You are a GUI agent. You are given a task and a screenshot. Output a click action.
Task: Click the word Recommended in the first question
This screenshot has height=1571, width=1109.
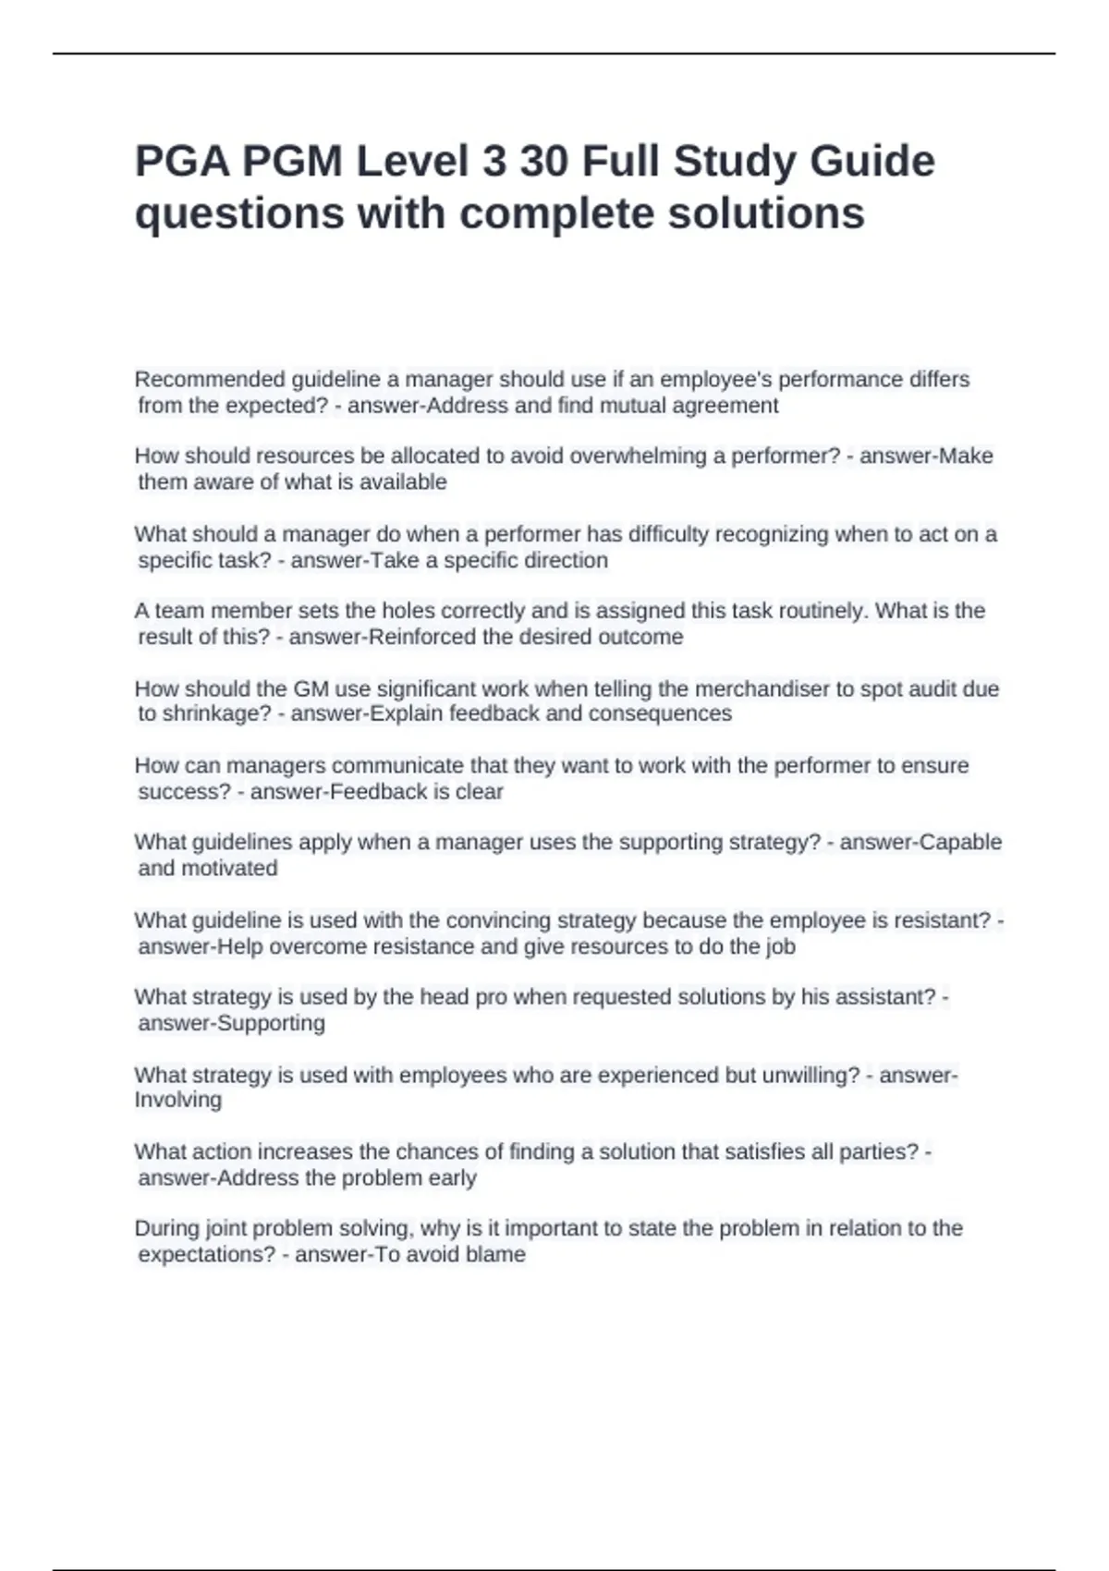point(210,380)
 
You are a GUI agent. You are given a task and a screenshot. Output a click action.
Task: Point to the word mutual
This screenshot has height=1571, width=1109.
point(632,406)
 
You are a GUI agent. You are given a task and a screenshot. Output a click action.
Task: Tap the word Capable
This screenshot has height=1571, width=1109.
point(958,843)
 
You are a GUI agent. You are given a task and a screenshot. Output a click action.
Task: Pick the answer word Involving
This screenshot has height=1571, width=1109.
point(177,1100)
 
